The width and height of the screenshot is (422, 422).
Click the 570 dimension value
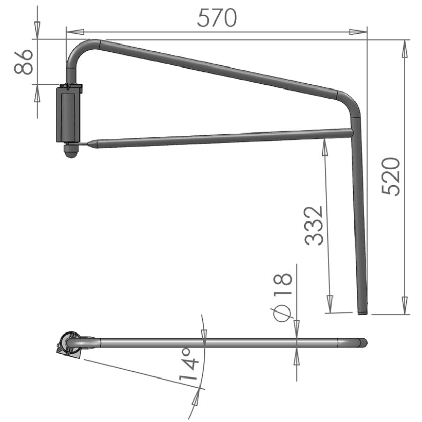217,18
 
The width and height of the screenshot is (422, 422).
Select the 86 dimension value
24,61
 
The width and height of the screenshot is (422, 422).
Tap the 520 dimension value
391,176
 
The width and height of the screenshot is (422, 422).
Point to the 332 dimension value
314,226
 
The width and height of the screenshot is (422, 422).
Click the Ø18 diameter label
282,297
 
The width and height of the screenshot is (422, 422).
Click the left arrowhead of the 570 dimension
75,32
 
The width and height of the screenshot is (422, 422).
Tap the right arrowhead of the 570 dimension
358,32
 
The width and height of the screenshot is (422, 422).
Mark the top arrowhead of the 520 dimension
404,49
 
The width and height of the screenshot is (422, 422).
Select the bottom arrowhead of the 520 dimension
404,305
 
